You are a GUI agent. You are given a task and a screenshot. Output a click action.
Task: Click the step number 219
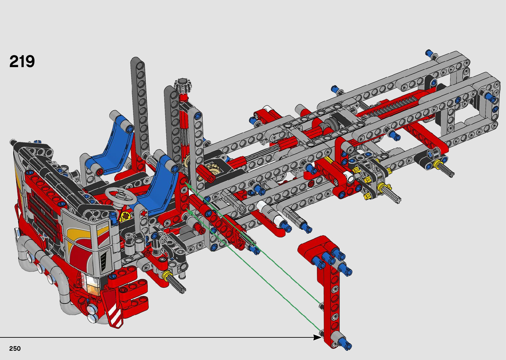(22, 61)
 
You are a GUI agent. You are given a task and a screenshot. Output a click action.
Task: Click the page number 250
(15, 348)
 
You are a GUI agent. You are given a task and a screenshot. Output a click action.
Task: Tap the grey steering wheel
(121, 195)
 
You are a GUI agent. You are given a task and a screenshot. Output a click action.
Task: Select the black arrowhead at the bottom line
(317, 338)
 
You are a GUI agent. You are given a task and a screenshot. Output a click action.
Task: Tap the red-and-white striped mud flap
(114, 310)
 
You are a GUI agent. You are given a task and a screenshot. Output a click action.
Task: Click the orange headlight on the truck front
(93, 286)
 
